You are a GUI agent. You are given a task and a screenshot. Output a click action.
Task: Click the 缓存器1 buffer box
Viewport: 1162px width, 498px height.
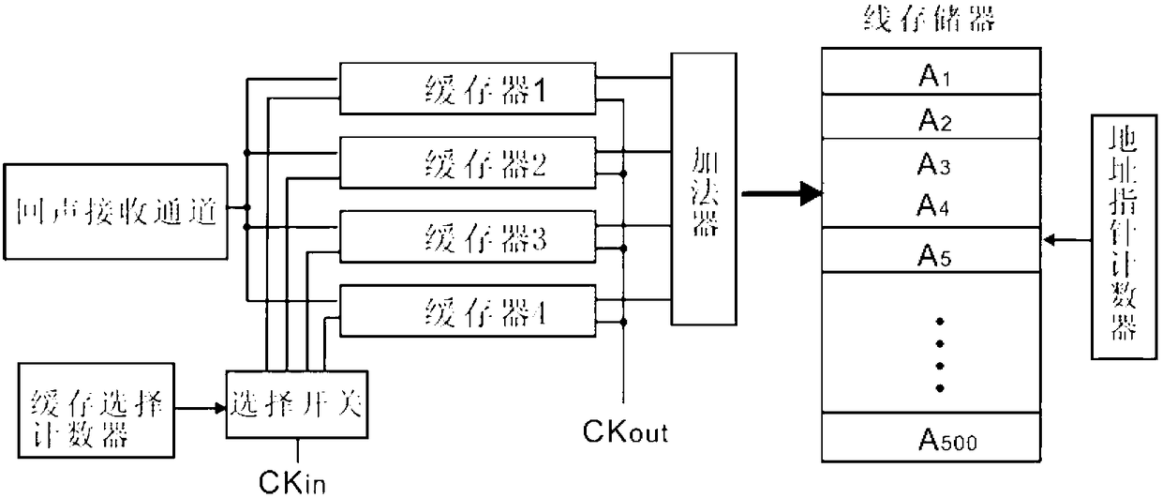point(468,89)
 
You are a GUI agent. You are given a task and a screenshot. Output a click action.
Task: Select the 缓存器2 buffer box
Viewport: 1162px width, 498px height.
point(468,162)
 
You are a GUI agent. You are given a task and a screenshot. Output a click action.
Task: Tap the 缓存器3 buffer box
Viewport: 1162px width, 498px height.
point(468,236)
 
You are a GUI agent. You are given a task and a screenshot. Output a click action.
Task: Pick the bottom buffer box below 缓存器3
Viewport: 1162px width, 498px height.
point(468,311)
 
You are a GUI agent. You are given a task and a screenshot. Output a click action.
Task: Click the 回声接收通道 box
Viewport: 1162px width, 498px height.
point(115,212)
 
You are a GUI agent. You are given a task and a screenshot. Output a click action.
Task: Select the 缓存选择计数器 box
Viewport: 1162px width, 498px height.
point(97,410)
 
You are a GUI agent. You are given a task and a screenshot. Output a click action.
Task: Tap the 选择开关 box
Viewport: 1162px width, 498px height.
point(297,404)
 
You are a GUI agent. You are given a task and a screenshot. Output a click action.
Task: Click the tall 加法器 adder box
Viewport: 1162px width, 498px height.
point(704,189)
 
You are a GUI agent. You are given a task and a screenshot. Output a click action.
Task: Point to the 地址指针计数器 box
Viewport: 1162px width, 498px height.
point(1125,236)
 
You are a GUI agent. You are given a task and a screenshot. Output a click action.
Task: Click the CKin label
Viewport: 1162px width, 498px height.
point(292,482)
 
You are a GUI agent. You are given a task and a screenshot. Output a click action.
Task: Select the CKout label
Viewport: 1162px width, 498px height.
point(625,431)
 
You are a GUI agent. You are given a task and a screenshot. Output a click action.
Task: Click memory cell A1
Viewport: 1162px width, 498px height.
point(931,71)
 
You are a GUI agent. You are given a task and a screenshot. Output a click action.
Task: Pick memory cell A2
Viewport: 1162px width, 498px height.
point(931,116)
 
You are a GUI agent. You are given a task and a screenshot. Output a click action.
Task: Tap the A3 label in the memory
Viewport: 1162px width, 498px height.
point(933,165)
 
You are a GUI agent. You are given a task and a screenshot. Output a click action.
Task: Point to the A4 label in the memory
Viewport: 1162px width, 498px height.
point(932,205)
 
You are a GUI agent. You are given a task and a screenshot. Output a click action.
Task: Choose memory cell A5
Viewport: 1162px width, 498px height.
point(931,249)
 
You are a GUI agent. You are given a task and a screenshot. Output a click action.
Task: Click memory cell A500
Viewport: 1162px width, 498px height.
point(931,437)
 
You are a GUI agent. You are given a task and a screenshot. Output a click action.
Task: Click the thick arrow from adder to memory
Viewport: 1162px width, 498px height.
point(782,194)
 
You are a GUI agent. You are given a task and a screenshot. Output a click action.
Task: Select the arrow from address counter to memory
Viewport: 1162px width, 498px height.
point(1067,240)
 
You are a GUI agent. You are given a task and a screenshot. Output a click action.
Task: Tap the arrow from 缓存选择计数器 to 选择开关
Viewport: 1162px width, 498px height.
point(201,408)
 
